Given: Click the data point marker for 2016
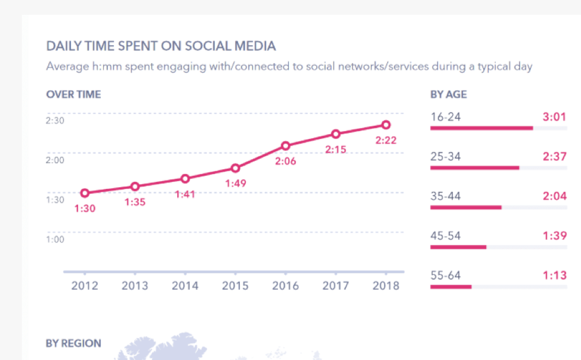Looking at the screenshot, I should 286,146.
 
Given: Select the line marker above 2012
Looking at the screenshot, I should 85,193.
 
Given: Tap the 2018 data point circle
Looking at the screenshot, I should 386,125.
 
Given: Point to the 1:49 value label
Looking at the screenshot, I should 235,184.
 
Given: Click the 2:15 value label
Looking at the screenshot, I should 336,150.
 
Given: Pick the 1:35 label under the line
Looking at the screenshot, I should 135,202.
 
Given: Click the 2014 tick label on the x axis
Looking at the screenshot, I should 185,286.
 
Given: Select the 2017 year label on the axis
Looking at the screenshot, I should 336,286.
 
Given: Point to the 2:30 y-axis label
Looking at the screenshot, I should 55,120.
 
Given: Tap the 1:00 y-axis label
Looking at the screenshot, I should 55,240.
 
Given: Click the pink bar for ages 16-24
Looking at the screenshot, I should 481,128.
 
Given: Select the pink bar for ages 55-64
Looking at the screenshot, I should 451,287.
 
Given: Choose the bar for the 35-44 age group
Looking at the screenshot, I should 466,207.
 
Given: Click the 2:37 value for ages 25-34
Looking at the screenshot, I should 554,157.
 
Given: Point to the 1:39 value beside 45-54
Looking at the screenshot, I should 554,236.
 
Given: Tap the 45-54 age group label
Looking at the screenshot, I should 446,236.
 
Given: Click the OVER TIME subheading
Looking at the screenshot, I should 73,94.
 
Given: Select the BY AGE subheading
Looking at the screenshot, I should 449,94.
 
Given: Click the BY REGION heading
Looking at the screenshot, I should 73,343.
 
